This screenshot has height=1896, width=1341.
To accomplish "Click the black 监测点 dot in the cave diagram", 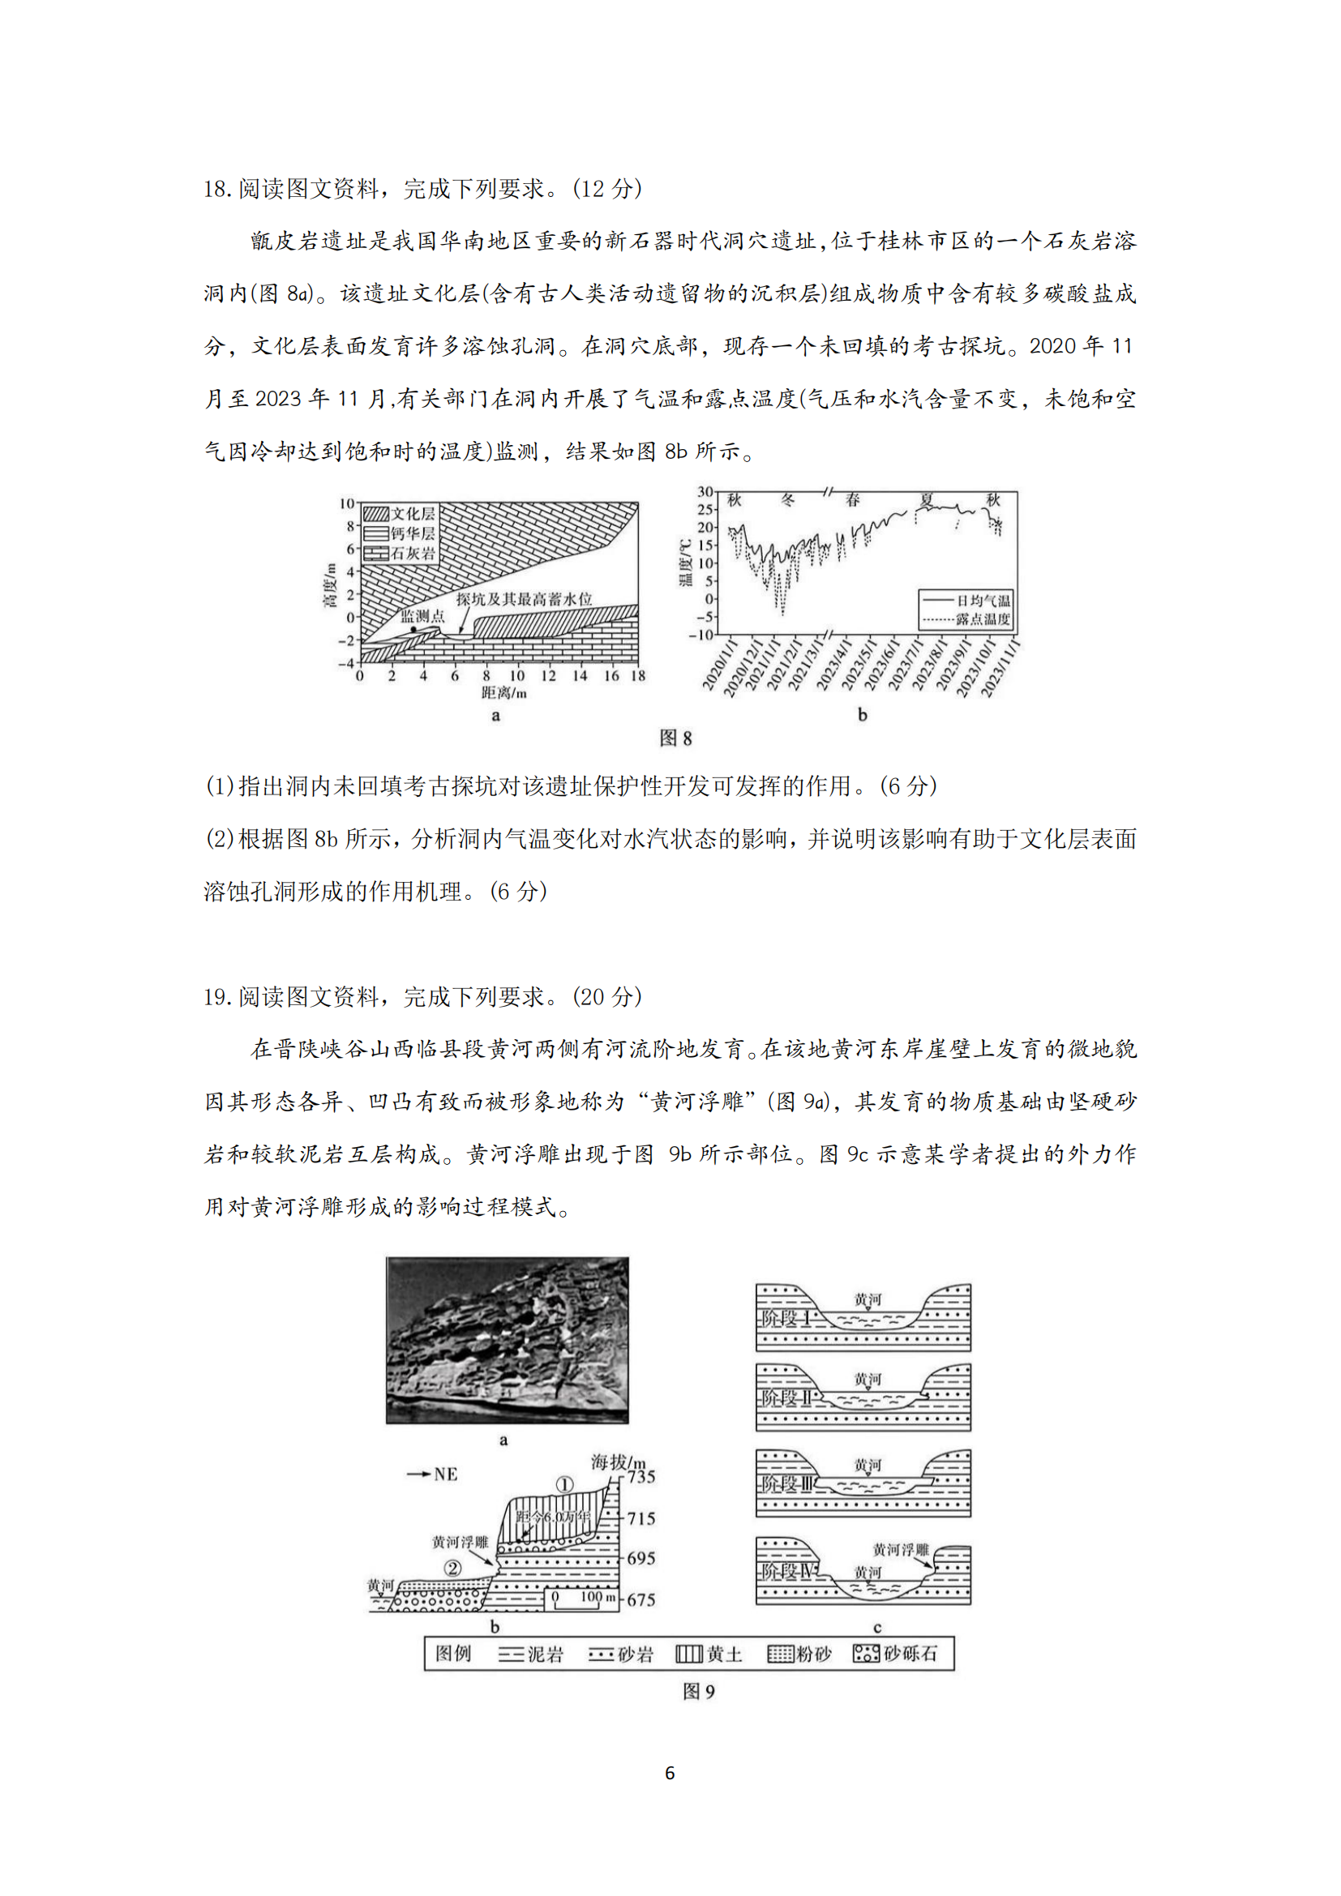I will click(x=413, y=630).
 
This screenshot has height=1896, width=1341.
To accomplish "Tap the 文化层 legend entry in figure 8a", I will click(x=400, y=514).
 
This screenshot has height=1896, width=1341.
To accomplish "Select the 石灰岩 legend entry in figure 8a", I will click(x=400, y=554).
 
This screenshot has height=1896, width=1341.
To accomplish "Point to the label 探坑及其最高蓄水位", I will click(x=525, y=599).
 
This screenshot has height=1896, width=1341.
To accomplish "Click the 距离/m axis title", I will click(x=503, y=692).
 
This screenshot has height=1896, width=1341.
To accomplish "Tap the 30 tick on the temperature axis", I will click(x=705, y=491).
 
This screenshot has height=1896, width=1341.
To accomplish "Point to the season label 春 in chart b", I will click(x=853, y=499).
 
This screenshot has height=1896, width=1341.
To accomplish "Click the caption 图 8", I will click(x=675, y=738).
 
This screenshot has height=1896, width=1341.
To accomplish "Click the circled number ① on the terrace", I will click(x=565, y=1485).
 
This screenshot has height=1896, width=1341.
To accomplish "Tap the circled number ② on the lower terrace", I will click(x=452, y=1568).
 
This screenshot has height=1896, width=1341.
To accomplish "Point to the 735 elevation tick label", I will click(x=641, y=1476).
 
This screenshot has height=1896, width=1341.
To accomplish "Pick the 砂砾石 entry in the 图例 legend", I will click(x=896, y=1654).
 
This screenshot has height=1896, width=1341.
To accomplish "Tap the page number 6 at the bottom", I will click(x=670, y=1773).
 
